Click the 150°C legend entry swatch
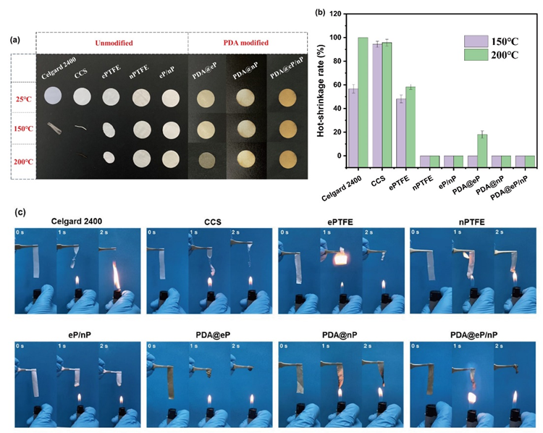[476, 41]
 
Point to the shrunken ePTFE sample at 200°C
[107, 157]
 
